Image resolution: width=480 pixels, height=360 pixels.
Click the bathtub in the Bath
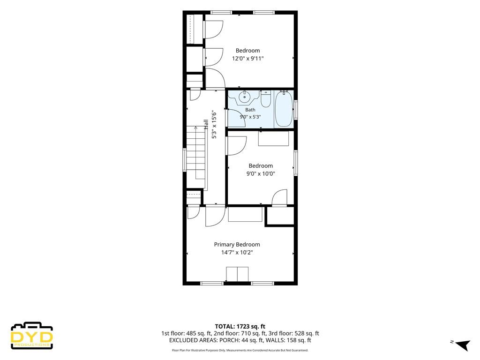[284, 109]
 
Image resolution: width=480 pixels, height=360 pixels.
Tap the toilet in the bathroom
[266, 98]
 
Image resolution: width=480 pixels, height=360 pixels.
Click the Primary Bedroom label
[237, 244]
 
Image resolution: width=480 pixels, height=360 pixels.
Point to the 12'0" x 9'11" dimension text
[247, 59]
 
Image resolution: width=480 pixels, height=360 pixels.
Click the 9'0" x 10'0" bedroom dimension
[261, 173]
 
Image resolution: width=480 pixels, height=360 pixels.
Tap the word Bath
[250, 110]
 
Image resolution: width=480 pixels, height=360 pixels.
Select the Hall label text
[206, 125]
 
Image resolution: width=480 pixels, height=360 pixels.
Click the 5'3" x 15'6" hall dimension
[214, 125]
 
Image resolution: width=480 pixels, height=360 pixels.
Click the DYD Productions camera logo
[32, 336]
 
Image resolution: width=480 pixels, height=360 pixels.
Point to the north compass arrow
[463, 345]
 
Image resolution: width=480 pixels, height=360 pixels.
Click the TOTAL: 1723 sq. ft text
[240, 326]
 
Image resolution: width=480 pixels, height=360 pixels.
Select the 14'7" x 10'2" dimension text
[237, 253]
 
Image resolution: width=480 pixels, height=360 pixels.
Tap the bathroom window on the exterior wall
[295, 110]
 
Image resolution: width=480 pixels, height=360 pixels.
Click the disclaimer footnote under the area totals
[240, 350]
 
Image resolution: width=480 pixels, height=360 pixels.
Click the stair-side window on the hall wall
[184, 159]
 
